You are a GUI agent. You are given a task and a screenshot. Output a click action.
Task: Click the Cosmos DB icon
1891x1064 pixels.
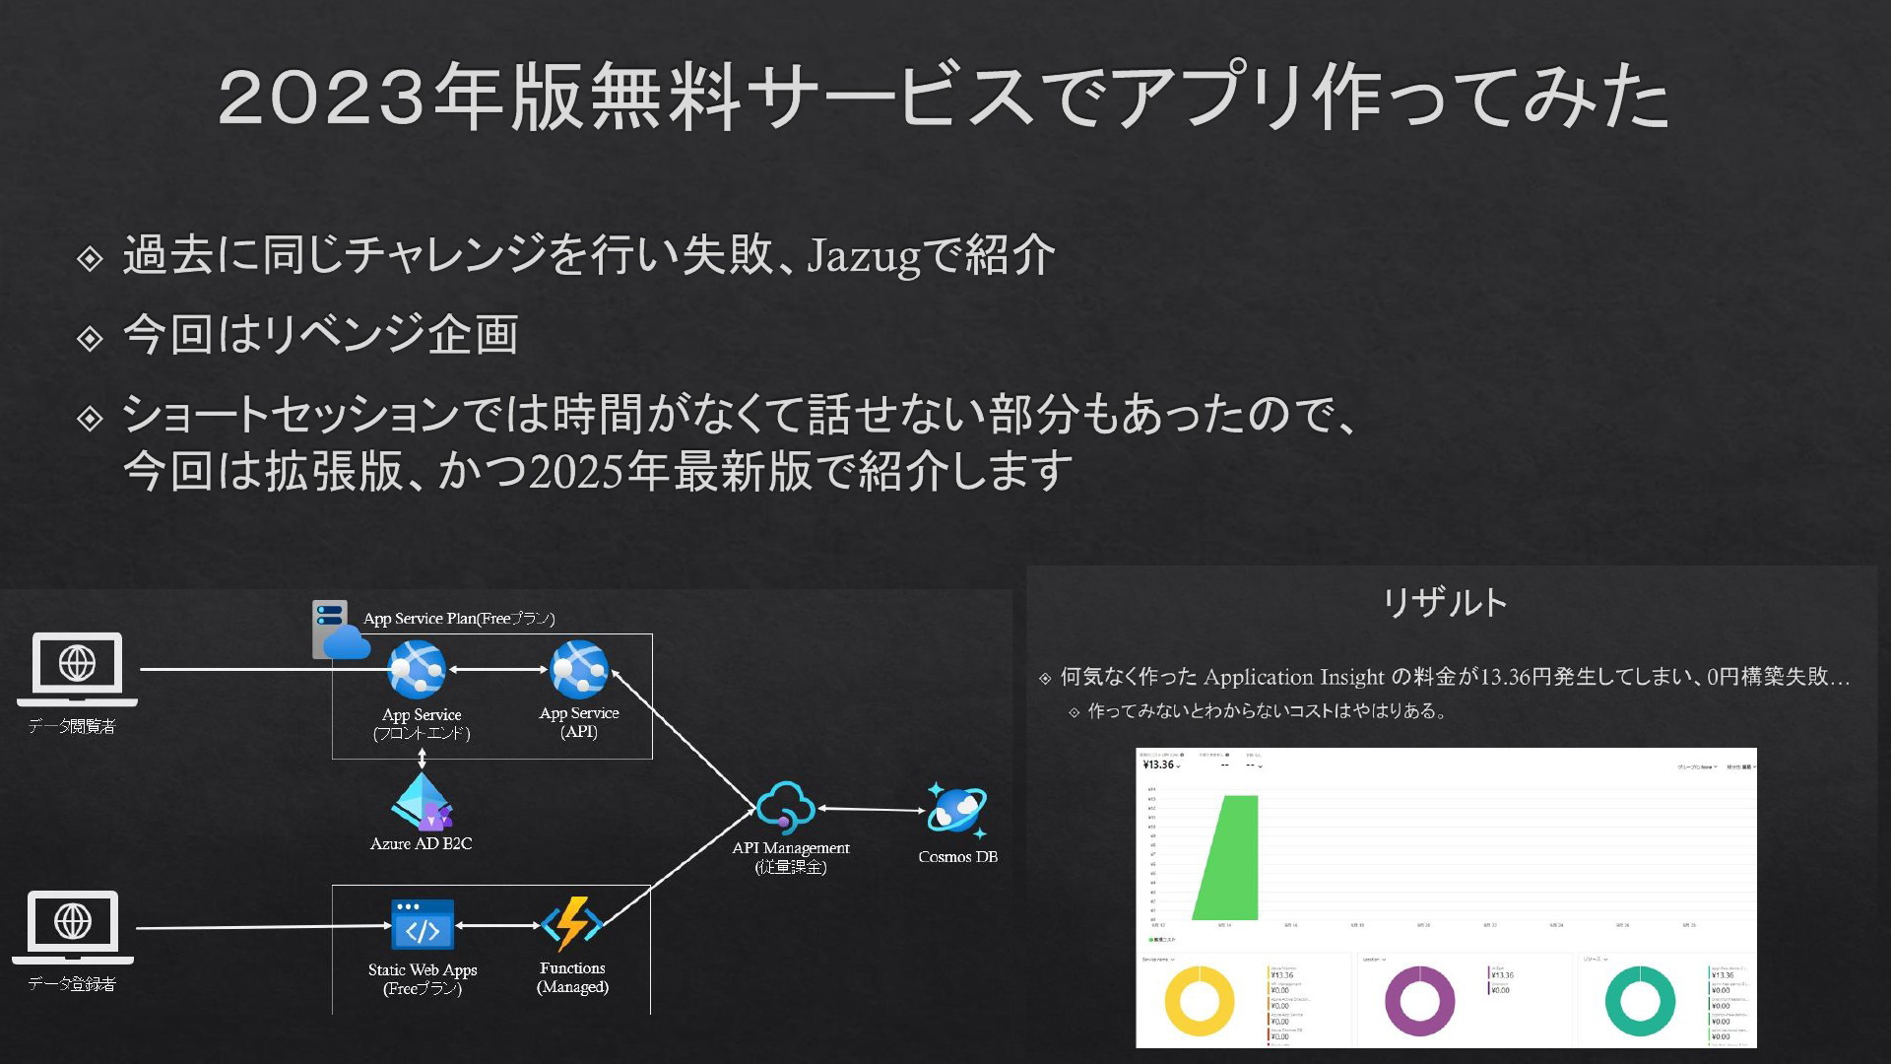tap(955, 810)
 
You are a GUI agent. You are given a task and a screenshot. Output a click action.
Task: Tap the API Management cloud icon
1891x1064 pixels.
tap(786, 808)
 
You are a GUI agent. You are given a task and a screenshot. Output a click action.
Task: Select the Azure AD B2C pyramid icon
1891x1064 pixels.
tap(422, 801)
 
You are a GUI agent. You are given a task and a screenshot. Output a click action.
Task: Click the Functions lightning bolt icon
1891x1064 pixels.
tap(572, 924)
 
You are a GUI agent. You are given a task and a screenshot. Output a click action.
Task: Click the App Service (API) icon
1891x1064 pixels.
tap(579, 670)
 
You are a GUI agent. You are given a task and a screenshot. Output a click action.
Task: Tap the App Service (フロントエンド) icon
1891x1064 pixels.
tap(418, 670)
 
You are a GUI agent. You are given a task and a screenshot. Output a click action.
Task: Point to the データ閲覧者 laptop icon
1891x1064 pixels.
tap(77, 669)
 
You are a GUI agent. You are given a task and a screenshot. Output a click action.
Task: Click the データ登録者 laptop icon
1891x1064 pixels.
tap(73, 927)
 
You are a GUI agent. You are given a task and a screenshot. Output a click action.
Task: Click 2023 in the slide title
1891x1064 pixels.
tap(321, 98)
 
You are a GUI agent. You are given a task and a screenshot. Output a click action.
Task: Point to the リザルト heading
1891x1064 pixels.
tap(1445, 602)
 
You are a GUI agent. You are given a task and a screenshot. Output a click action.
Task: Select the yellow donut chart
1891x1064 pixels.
tap(1200, 1001)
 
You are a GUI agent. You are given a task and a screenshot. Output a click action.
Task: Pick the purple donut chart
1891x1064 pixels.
tap(1419, 1001)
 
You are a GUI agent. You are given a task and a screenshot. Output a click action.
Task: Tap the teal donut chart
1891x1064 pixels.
tap(1640, 1001)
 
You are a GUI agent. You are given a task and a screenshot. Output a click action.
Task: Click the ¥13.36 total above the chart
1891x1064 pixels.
tap(1159, 765)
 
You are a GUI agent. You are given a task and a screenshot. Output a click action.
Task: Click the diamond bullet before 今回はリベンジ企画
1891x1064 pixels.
tap(90, 338)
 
